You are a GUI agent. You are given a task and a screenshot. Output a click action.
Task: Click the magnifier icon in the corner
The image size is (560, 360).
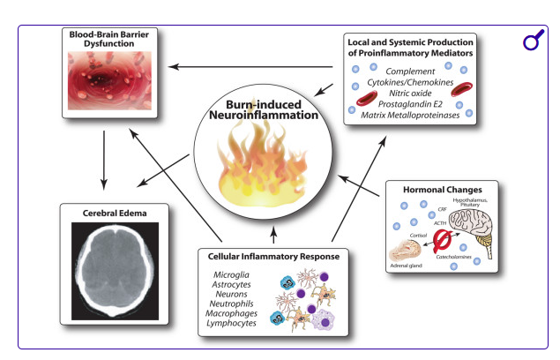point(532,42)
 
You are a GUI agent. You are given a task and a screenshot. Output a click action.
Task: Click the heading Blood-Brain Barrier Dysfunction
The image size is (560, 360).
point(109,38)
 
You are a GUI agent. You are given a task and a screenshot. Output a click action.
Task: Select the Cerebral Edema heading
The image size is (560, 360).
point(108,213)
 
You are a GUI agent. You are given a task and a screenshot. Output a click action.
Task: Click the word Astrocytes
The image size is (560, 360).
point(232,287)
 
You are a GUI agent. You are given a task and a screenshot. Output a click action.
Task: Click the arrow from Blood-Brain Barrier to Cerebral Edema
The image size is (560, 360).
point(105,159)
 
